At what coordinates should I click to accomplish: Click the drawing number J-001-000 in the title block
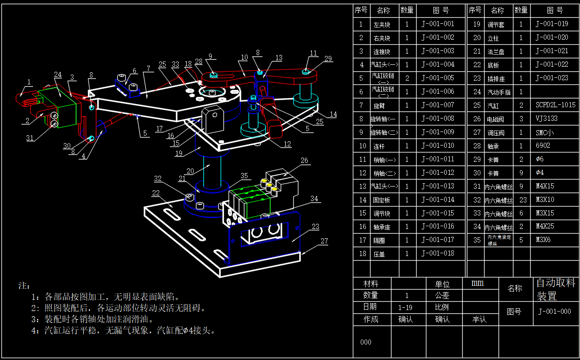[x=554, y=312]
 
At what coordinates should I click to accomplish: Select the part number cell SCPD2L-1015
[x=555, y=105]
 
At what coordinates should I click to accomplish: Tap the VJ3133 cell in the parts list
[x=546, y=118]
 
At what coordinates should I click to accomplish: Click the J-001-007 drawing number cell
[x=438, y=105]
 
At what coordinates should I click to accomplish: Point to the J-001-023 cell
[x=552, y=78]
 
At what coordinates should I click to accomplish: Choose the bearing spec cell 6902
[x=543, y=145]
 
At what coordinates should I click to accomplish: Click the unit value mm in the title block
[x=478, y=283]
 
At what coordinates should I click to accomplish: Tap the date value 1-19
[x=405, y=308]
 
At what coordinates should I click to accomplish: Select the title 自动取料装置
[x=556, y=289]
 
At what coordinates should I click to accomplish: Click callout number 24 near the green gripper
[x=58, y=75]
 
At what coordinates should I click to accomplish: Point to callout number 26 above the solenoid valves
[x=304, y=161]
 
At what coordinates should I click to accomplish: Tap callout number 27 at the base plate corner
[x=324, y=241]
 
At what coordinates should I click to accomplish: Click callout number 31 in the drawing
[x=30, y=138]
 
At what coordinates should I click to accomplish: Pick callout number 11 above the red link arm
[x=313, y=54]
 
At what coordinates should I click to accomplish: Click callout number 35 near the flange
[x=244, y=176]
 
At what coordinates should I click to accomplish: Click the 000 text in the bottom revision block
[x=366, y=342]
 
